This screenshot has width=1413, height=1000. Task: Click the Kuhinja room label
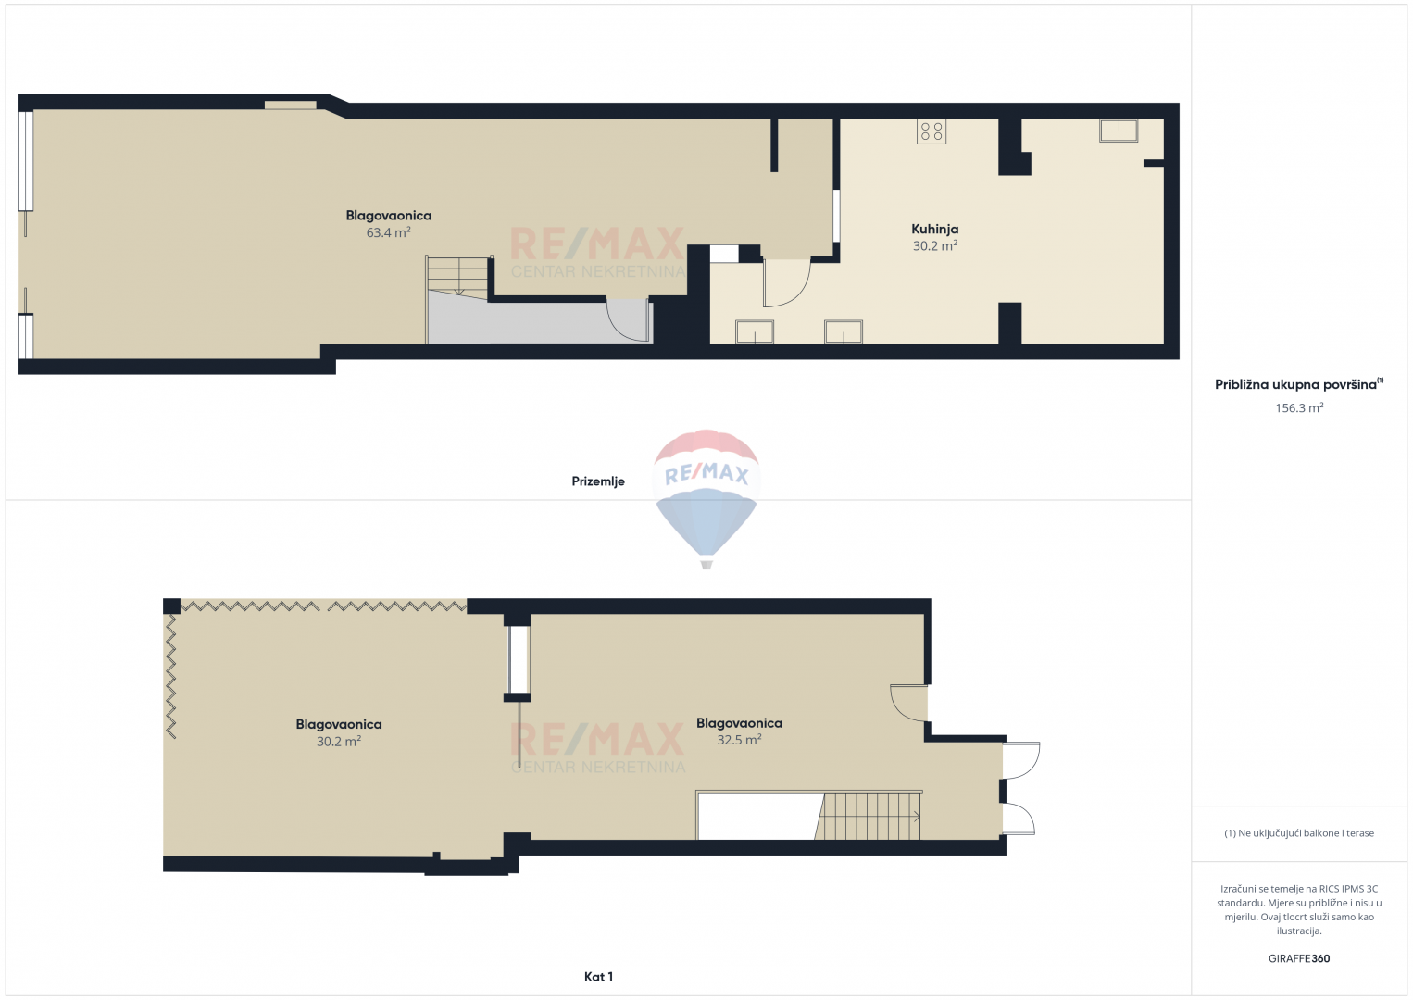[934, 229]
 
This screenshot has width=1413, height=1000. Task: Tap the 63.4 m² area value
[389, 232]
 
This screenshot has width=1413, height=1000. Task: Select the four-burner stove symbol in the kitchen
[932, 131]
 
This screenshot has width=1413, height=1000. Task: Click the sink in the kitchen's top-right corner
[1119, 131]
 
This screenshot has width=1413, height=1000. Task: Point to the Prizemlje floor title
[598, 481]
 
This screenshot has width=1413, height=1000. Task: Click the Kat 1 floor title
[598, 977]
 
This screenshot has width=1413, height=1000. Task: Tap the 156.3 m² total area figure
[1299, 407]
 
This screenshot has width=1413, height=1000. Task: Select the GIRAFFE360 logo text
[1299, 958]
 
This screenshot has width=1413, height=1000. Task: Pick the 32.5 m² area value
[739, 740]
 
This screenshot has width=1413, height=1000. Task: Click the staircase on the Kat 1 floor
[868, 816]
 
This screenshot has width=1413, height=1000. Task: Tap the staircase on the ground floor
[458, 276]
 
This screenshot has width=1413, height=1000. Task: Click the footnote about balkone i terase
[1299, 832]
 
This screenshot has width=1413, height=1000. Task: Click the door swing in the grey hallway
[629, 320]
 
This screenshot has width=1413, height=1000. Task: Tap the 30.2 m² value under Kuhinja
[934, 246]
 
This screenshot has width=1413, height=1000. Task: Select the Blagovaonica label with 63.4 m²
[389, 215]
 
